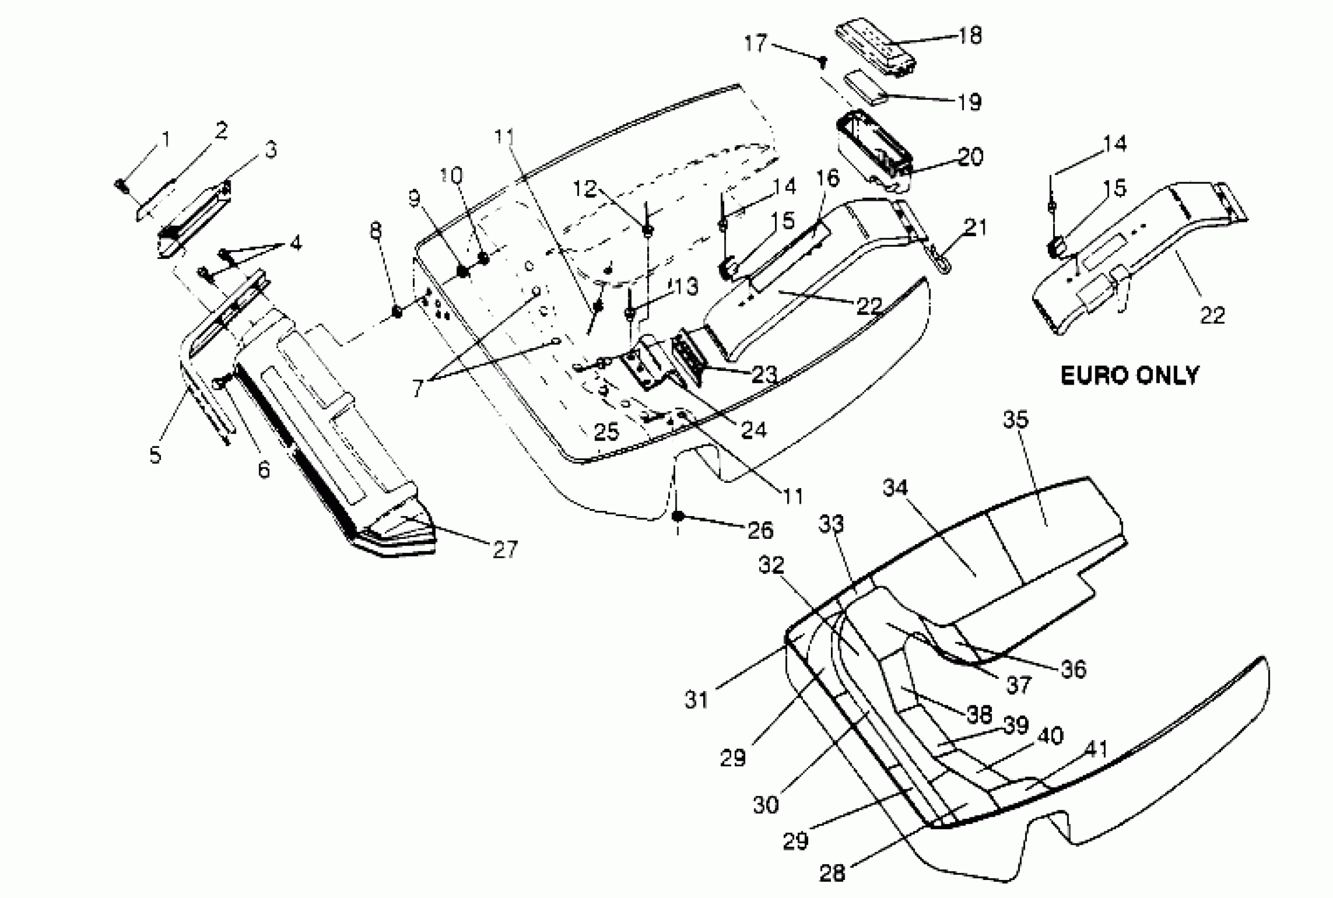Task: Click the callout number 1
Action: tap(165, 139)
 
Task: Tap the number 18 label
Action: tap(970, 35)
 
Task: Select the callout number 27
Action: tap(505, 550)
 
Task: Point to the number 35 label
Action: tap(1016, 419)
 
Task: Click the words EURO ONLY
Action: tap(1130, 376)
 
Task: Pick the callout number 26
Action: tap(761, 530)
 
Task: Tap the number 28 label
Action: tap(832, 873)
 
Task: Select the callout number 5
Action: tap(155, 455)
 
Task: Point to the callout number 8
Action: tap(375, 231)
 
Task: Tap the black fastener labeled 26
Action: tap(678, 516)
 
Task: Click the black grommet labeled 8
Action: tap(396, 312)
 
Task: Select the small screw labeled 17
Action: tap(823, 60)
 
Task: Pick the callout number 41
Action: tap(1096, 750)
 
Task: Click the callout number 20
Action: tap(971, 157)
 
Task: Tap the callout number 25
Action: tap(607, 432)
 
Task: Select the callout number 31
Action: tap(696, 700)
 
